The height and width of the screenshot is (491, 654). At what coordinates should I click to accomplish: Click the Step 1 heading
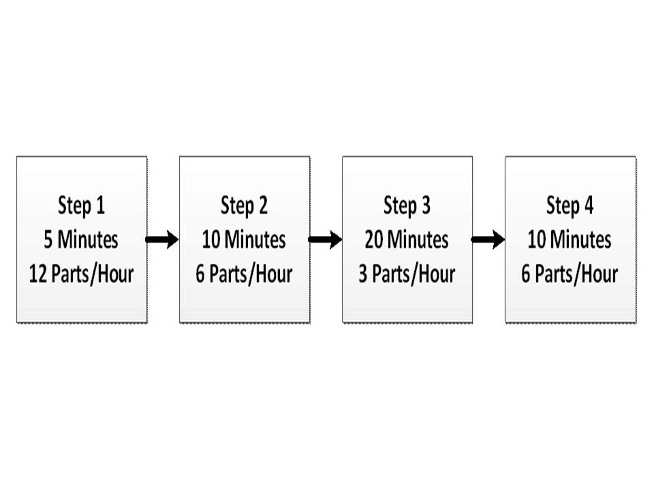click(x=81, y=206)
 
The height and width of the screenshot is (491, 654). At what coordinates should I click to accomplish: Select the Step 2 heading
click(x=245, y=206)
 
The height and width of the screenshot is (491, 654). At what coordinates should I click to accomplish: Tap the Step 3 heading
click(x=407, y=206)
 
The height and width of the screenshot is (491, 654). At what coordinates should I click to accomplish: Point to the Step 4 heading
click(x=570, y=206)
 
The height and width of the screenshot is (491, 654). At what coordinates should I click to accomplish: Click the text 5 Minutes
click(x=81, y=239)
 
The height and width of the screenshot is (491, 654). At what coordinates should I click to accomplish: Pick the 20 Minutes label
click(x=407, y=239)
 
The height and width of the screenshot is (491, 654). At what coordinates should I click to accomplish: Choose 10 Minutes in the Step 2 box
click(x=245, y=239)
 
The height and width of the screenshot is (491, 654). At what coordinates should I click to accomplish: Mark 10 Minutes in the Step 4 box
click(x=570, y=239)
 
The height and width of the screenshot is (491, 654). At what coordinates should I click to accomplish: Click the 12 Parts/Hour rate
click(x=81, y=274)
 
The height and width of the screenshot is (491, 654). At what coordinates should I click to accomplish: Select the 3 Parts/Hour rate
click(x=407, y=274)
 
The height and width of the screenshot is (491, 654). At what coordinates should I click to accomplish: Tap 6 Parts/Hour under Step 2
click(x=245, y=274)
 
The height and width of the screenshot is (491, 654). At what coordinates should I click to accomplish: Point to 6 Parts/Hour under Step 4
click(x=570, y=274)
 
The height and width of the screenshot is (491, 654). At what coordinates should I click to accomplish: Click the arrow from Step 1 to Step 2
click(x=162, y=239)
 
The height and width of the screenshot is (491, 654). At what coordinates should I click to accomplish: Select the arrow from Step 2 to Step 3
click(x=326, y=239)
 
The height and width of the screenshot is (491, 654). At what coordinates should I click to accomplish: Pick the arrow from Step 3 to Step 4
click(x=488, y=239)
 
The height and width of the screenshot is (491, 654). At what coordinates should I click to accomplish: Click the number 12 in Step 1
click(x=38, y=274)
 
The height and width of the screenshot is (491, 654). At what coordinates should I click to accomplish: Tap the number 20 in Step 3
click(x=374, y=239)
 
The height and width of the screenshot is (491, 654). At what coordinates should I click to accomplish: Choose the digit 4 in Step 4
click(x=589, y=205)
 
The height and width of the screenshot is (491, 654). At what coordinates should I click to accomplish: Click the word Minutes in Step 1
click(x=88, y=239)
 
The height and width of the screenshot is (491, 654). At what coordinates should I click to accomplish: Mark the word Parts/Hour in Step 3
click(x=414, y=274)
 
